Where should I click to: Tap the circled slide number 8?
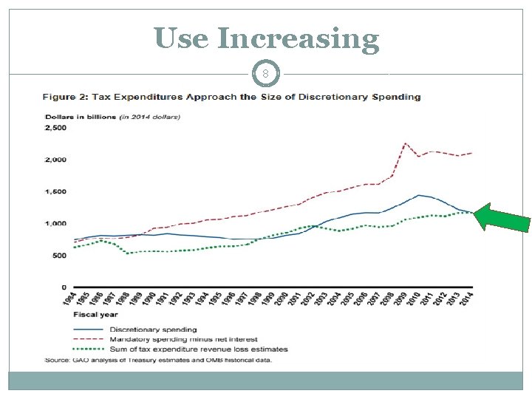click(x=266, y=74)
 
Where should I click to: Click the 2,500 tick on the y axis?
click(x=56, y=128)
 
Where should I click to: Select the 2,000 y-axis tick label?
click(x=56, y=160)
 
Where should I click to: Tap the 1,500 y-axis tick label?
click(x=56, y=191)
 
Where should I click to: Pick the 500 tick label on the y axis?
click(x=59, y=255)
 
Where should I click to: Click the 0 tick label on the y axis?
click(x=64, y=287)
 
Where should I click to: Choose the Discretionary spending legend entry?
click(x=153, y=329)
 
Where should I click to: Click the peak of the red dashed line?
click(x=406, y=143)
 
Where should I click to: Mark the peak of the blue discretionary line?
click(x=419, y=195)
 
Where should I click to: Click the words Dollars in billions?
click(x=75, y=116)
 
